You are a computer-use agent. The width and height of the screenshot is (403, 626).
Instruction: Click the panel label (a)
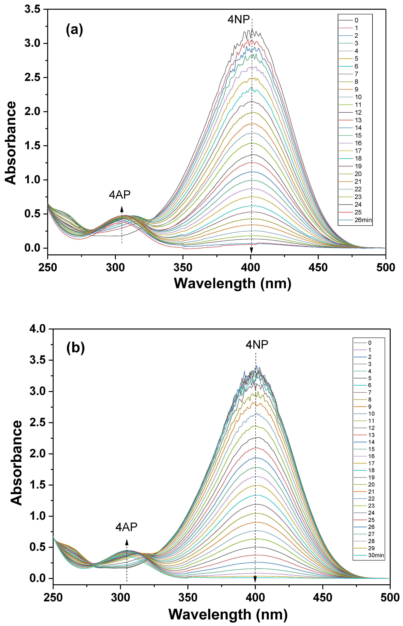[x=75, y=30]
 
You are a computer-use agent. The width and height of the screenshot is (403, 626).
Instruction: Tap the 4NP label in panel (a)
[x=238, y=20]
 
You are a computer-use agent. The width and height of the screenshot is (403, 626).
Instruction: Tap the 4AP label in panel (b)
[x=126, y=527]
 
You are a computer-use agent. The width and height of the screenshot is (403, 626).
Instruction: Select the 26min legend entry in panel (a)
[x=363, y=220]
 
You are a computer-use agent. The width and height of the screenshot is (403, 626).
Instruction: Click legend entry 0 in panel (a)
[x=356, y=20]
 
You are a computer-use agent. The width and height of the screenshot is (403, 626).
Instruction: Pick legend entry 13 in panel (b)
[x=371, y=435]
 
